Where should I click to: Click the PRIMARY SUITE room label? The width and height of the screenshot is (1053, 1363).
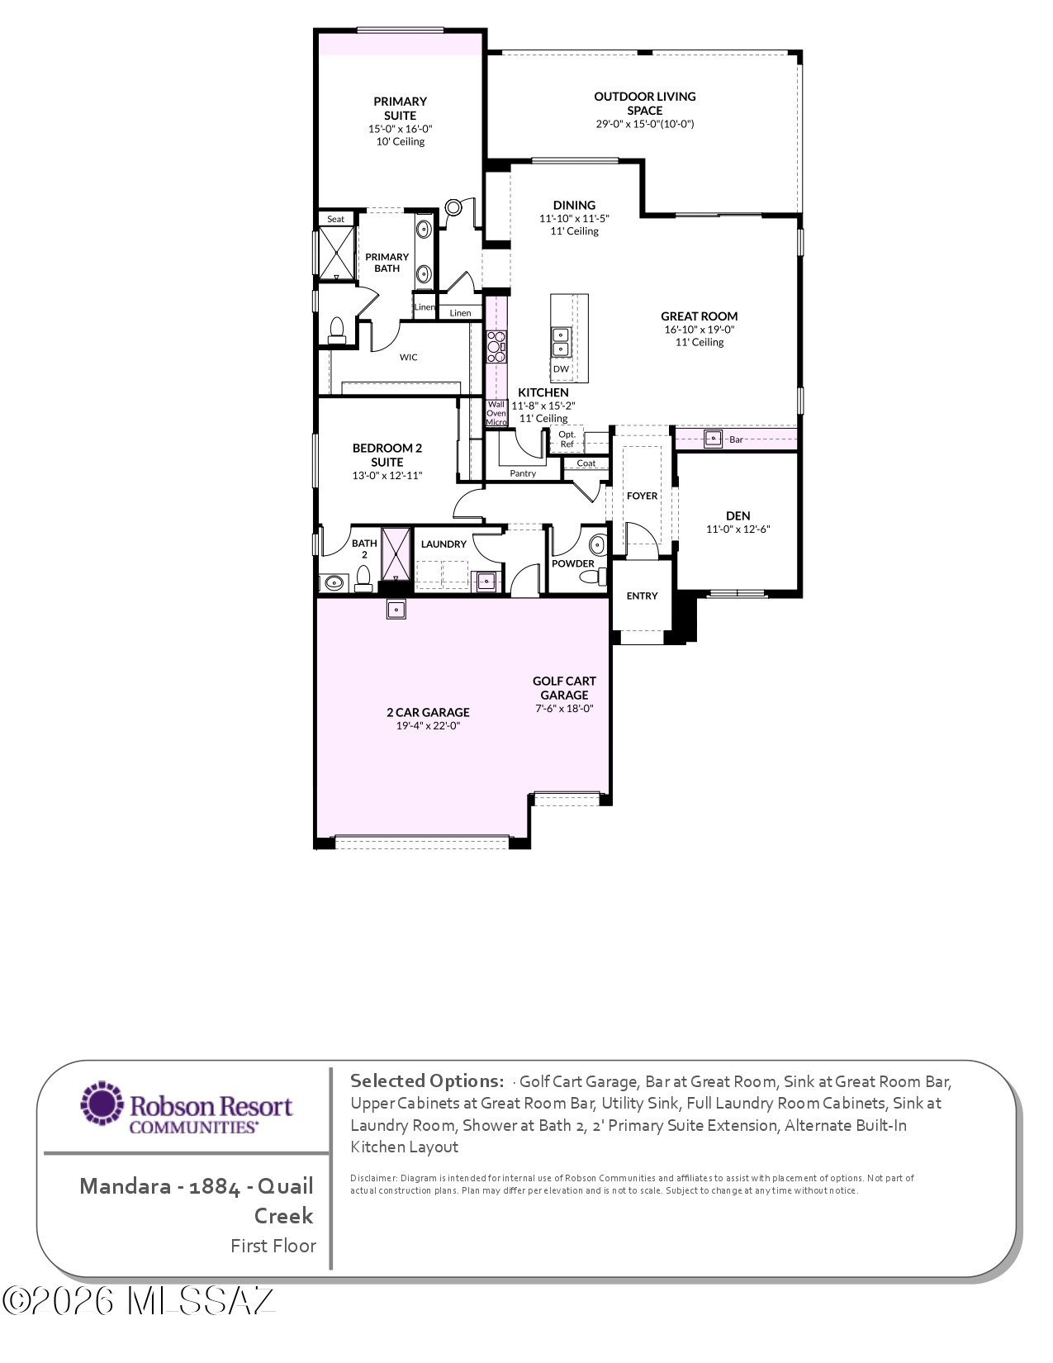(400, 108)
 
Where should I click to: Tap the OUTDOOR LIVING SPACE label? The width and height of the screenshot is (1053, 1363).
(645, 103)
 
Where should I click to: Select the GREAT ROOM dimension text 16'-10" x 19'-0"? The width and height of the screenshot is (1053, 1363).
(700, 330)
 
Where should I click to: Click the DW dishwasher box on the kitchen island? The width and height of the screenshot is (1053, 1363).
(562, 368)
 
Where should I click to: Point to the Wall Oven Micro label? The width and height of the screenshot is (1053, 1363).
(496, 413)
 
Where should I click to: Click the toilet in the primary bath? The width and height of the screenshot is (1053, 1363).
(337, 330)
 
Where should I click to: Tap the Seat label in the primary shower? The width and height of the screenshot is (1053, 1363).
(335, 219)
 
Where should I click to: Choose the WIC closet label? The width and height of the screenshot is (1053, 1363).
(408, 357)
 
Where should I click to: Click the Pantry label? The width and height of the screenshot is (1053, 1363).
(523, 473)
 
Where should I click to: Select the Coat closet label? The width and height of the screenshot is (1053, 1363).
(586, 463)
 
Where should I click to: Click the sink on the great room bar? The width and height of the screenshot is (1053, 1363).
(713, 439)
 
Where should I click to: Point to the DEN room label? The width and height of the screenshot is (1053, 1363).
(738, 515)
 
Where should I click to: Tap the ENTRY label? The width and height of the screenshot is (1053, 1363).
(643, 596)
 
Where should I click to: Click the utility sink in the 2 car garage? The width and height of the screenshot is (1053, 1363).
(396, 609)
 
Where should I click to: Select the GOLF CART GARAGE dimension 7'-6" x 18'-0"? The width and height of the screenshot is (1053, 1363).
(564, 708)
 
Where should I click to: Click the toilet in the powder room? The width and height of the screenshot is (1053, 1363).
(594, 575)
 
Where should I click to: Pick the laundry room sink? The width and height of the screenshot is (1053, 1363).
(486, 582)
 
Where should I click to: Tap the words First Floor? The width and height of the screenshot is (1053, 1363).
(273, 1246)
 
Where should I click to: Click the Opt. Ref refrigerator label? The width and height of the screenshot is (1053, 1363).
(567, 439)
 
